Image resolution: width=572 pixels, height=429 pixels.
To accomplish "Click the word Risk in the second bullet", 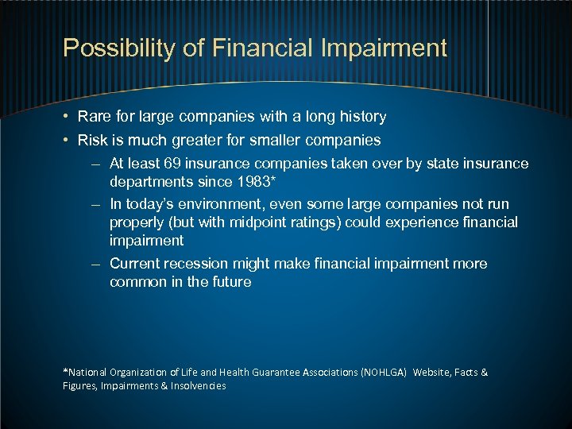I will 93,141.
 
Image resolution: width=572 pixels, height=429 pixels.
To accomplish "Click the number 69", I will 173,164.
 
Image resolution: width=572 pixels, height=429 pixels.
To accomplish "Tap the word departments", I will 149,183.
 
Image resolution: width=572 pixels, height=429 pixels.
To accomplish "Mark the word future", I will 230,282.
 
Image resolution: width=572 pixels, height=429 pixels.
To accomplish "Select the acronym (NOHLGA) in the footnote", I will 385,372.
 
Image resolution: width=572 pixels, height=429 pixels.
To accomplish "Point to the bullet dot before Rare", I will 67,118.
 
